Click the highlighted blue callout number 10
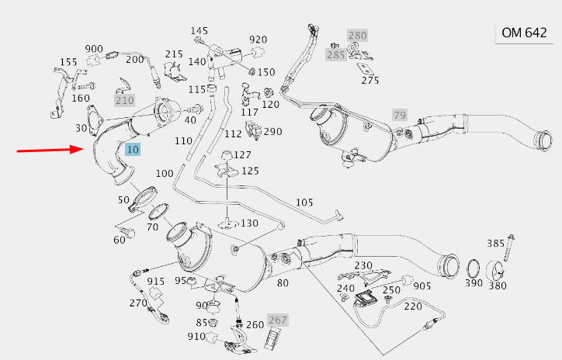coord(133,149)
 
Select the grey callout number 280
coord(357,36)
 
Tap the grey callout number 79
coord(400,115)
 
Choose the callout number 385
coord(495,243)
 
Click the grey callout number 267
coord(278,320)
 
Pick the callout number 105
coord(304,202)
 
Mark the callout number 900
coord(94,49)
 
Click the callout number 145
coord(200,31)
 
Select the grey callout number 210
coord(124,100)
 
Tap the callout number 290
coord(272,131)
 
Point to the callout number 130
coord(249,223)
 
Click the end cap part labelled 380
coord(496,272)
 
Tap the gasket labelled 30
coord(96,117)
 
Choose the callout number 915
coord(156,281)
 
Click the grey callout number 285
coord(335,55)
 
